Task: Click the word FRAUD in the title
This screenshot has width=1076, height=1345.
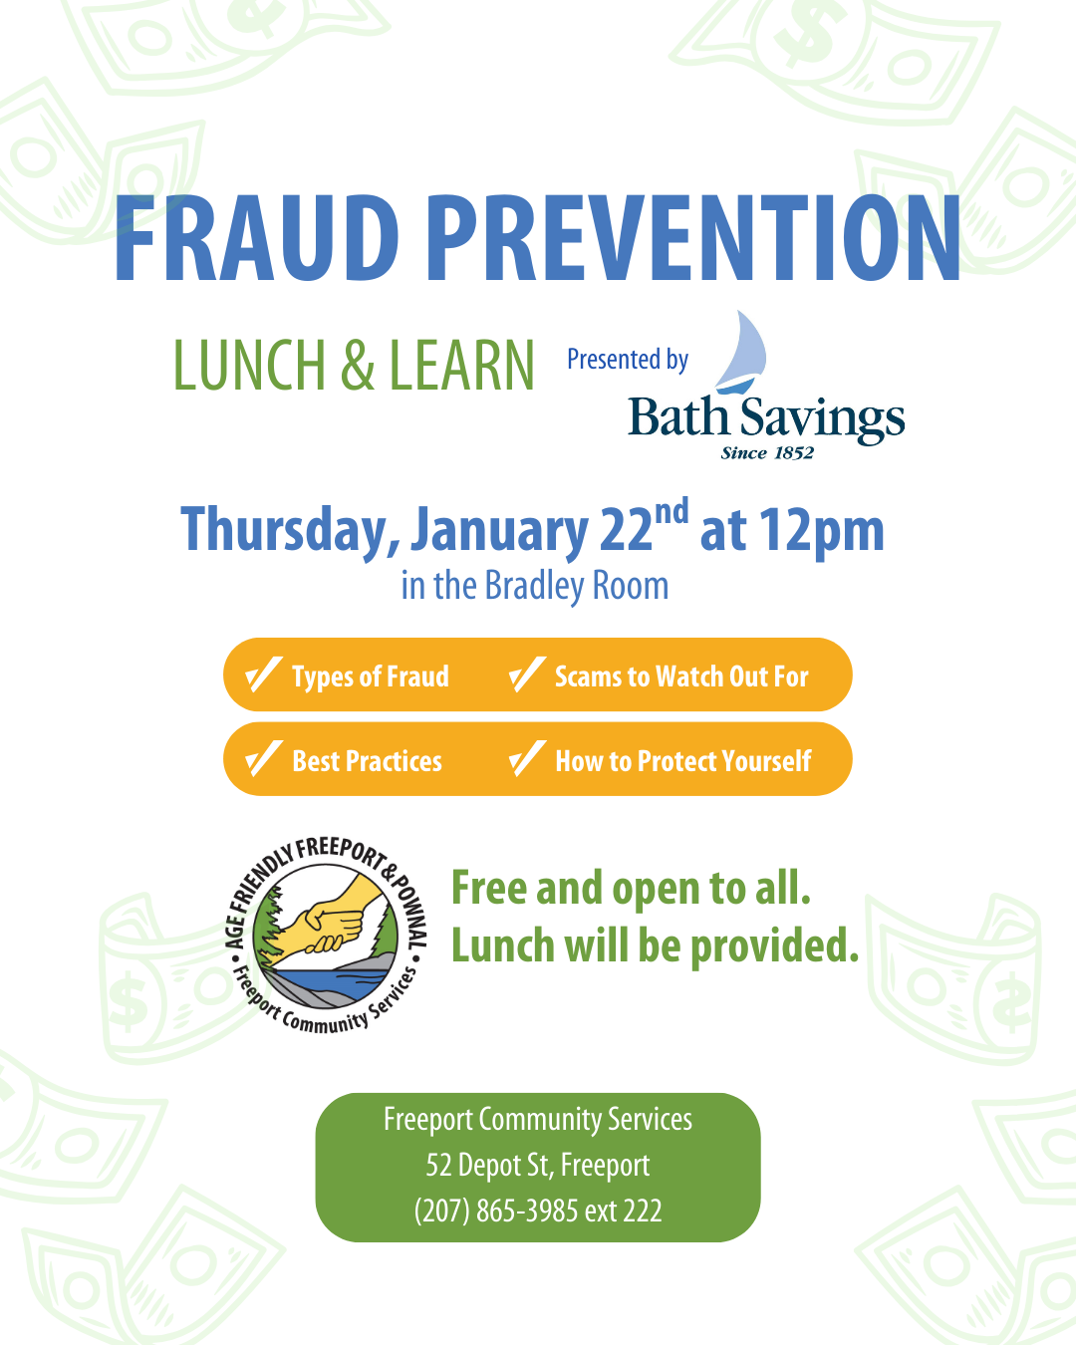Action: pyautogui.click(x=257, y=239)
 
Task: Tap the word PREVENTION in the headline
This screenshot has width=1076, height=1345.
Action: pyautogui.click(x=693, y=239)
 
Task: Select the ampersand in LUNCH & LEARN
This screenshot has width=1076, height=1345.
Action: pyautogui.click(x=358, y=366)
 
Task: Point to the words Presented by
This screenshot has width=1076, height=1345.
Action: pyautogui.click(x=628, y=359)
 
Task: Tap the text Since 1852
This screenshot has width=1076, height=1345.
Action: pyautogui.click(x=767, y=453)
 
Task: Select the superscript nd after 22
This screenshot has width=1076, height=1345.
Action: pyautogui.click(x=672, y=512)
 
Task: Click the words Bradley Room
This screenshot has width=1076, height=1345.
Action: pyautogui.click(x=577, y=586)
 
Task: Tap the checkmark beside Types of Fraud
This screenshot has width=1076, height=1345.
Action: pyautogui.click(x=263, y=675)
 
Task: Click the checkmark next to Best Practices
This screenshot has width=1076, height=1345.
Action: pyautogui.click(x=263, y=760)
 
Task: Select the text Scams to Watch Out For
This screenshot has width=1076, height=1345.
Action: pyautogui.click(x=681, y=676)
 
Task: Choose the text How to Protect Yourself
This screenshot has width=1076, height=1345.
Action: pyautogui.click(x=683, y=761)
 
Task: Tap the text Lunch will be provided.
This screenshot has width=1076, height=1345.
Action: pyautogui.click(x=655, y=945)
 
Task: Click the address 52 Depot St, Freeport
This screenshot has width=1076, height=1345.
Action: pyautogui.click(x=538, y=1165)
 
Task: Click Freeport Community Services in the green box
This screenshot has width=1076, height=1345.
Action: pyautogui.click(x=538, y=1119)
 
